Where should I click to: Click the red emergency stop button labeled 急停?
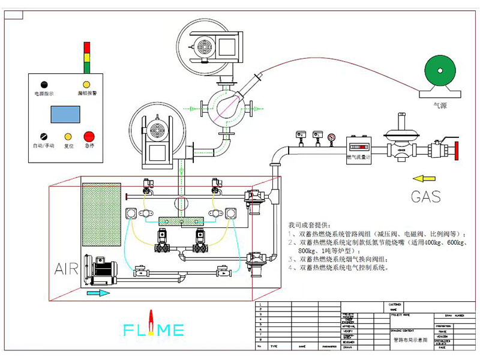coord(89,136)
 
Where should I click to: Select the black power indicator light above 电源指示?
coord(44,85)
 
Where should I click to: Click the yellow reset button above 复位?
coord(68,136)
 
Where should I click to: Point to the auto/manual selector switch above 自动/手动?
coord(44,136)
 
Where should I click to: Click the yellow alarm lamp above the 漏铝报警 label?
coord(86,85)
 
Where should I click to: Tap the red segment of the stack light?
coord(86,46)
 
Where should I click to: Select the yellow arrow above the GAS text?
coord(422,178)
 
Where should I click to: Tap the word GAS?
coord(425,196)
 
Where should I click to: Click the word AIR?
coord(67,268)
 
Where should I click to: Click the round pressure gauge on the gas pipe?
coord(331,137)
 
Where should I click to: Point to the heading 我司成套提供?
coord(309,223)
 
